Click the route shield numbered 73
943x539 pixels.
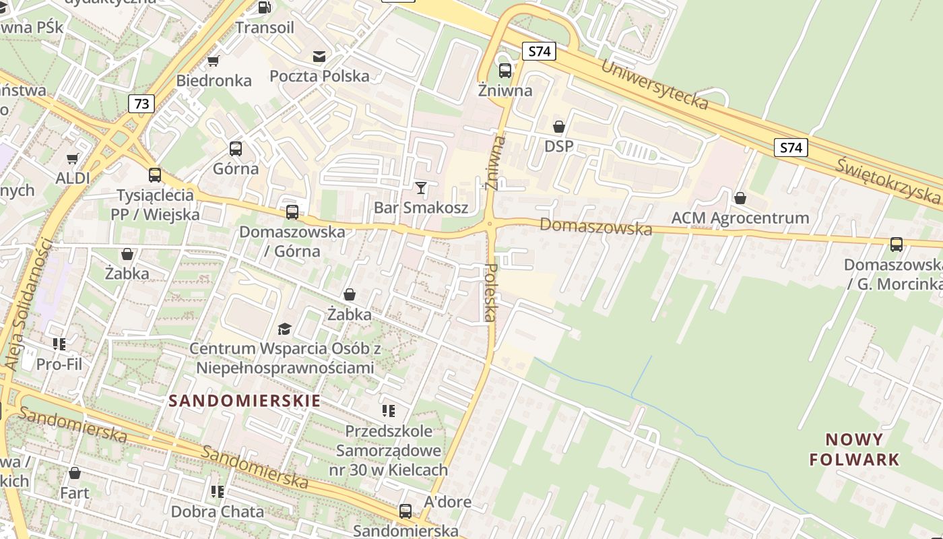141,104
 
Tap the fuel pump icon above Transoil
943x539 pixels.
264,7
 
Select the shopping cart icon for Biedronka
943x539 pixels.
214,61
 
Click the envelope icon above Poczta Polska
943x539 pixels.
319,57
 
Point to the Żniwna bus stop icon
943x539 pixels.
505,70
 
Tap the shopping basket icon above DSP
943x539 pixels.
558,126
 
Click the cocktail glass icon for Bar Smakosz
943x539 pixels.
421,187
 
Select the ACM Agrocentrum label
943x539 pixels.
740,218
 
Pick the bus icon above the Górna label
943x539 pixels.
236,149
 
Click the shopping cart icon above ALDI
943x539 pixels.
73,159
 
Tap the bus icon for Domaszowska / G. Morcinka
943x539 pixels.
897,245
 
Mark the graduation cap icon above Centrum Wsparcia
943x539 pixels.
285,329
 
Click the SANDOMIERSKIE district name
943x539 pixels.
245,401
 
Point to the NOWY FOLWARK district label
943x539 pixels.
854,449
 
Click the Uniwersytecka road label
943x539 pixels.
654,84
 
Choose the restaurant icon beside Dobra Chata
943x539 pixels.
217,492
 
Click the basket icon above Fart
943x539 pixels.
75,473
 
